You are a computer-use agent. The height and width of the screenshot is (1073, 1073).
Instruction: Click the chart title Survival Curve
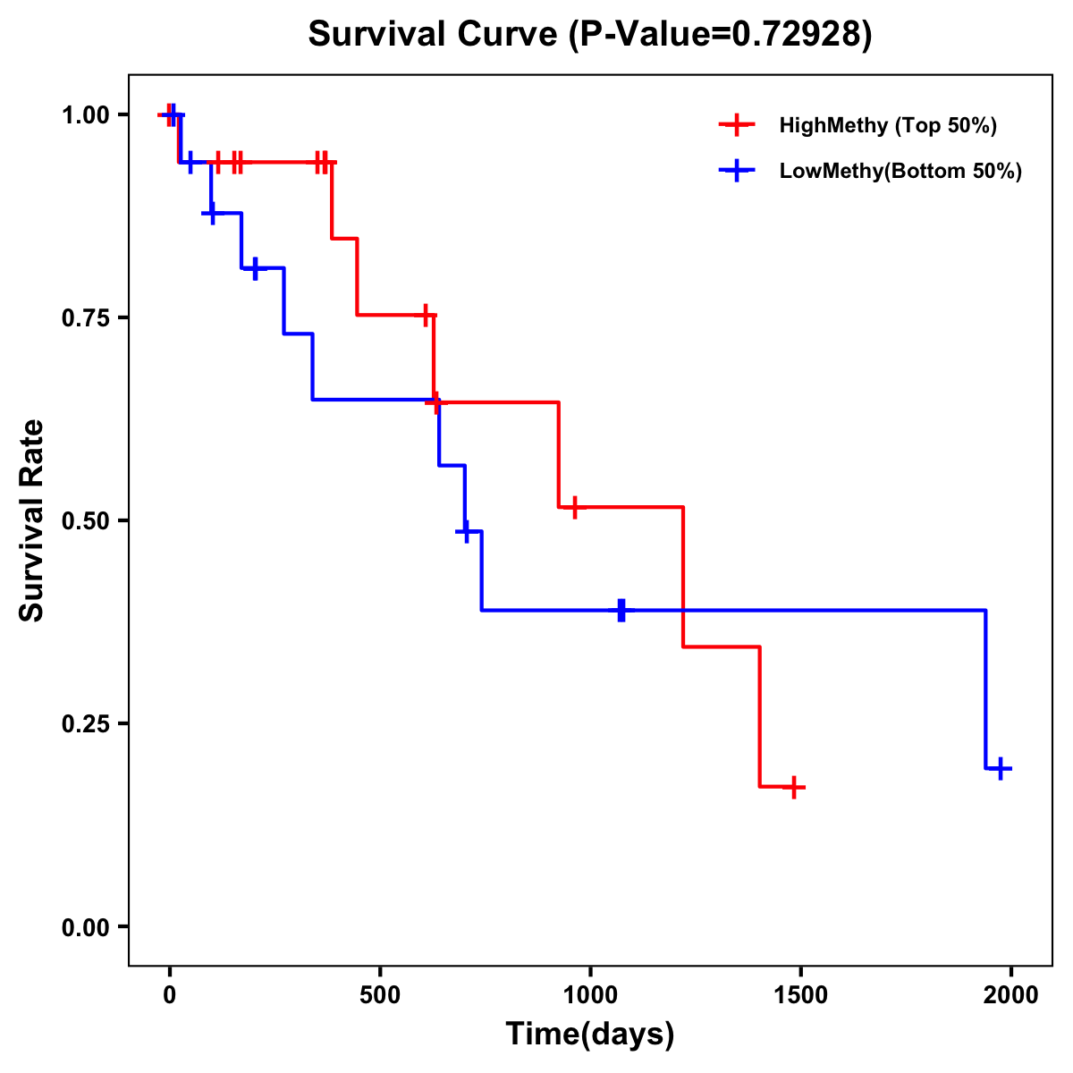[x=589, y=35]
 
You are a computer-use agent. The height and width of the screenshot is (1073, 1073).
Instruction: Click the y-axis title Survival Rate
[x=32, y=520]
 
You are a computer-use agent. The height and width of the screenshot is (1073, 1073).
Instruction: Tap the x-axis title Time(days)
[x=590, y=1034]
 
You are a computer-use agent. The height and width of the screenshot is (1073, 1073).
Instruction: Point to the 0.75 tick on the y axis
[x=85, y=317]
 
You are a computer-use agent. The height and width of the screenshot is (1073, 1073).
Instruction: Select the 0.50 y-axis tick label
[x=85, y=520]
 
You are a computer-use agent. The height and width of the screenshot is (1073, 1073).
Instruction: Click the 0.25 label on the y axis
[x=85, y=723]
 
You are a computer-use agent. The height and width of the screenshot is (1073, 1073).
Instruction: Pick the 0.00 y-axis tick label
[x=85, y=926]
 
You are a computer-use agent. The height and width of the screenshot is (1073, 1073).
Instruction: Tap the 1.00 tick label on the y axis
[x=85, y=114]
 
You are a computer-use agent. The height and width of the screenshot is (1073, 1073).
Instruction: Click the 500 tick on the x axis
[x=380, y=995]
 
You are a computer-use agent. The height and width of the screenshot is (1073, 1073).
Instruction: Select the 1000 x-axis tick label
[x=590, y=995]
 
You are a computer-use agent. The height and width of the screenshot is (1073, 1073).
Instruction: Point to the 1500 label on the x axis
[x=800, y=995]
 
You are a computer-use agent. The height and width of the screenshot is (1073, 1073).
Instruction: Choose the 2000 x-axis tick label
[x=1010, y=995]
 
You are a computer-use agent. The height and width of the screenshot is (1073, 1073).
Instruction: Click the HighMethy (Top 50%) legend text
[x=888, y=125]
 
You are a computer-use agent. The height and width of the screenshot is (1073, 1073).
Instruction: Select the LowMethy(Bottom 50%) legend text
[x=900, y=171]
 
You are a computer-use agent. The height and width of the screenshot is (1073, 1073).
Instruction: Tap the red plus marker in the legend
[x=736, y=125]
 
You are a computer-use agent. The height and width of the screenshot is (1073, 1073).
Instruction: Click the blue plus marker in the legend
[x=736, y=171]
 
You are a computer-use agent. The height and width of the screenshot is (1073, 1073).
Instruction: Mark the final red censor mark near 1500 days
[x=793, y=788]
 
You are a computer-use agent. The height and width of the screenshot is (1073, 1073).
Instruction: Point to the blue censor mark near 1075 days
[x=621, y=611]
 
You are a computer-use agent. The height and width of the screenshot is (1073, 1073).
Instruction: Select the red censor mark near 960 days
[x=574, y=507]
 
